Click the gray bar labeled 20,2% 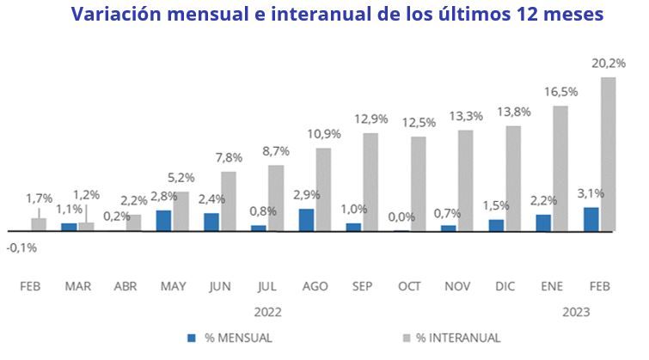coord(609,155)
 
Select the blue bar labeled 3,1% coord(591,219)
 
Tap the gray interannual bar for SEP coord(370,182)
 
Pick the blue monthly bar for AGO coord(306,220)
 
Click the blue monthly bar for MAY coord(163,221)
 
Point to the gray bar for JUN coord(228,201)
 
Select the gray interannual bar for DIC coord(513,179)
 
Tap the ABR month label coord(126,285)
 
